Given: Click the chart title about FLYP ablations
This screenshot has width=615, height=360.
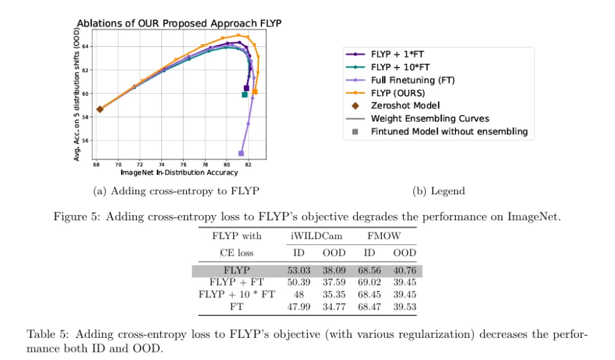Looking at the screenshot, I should click(179, 23).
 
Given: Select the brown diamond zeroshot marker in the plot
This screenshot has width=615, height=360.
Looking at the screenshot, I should click(100, 109).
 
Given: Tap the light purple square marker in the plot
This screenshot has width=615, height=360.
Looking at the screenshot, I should click(241, 153).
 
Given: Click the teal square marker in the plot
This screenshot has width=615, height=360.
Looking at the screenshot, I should click(245, 94).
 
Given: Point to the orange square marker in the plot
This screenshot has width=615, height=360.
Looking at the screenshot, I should click(255, 92).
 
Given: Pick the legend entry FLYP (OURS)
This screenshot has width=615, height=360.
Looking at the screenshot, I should click(397, 93).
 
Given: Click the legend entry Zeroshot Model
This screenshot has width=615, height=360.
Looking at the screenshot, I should click(405, 106).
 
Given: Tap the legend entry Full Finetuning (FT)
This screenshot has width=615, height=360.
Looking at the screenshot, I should click(413, 80).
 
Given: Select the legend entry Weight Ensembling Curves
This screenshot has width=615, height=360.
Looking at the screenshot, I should click(430, 118).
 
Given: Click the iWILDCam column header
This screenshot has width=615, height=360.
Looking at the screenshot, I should click(316, 236).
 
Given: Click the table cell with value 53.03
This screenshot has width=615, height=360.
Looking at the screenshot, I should click(299, 271).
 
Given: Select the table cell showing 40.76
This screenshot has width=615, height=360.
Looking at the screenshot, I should click(404, 271).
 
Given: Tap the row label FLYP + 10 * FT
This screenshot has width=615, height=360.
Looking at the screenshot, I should click(237, 295).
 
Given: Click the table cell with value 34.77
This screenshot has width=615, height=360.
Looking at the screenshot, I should click(334, 307).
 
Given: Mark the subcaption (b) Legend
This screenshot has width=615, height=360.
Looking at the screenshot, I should click(438, 191).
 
